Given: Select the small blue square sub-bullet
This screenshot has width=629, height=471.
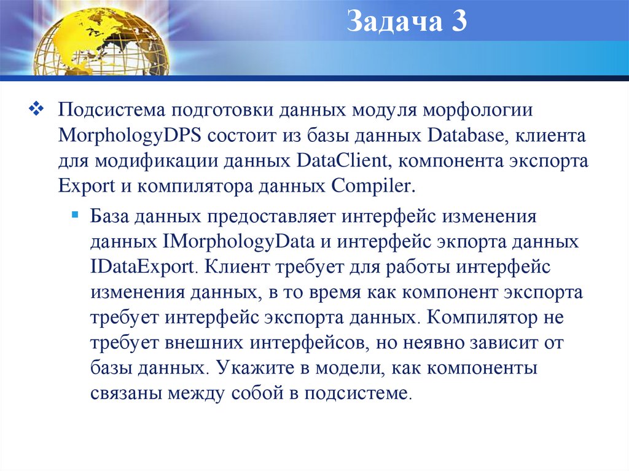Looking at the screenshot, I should [x=75, y=216].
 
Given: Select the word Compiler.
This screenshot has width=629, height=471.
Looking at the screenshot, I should [x=374, y=185].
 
